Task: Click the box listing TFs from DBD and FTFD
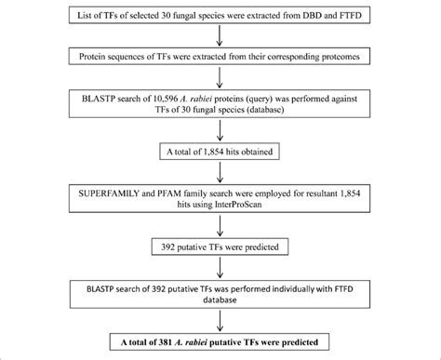[x=220, y=17]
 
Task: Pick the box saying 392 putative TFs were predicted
[x=220, y=247]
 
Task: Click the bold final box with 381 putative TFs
[x=220, y=341]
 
